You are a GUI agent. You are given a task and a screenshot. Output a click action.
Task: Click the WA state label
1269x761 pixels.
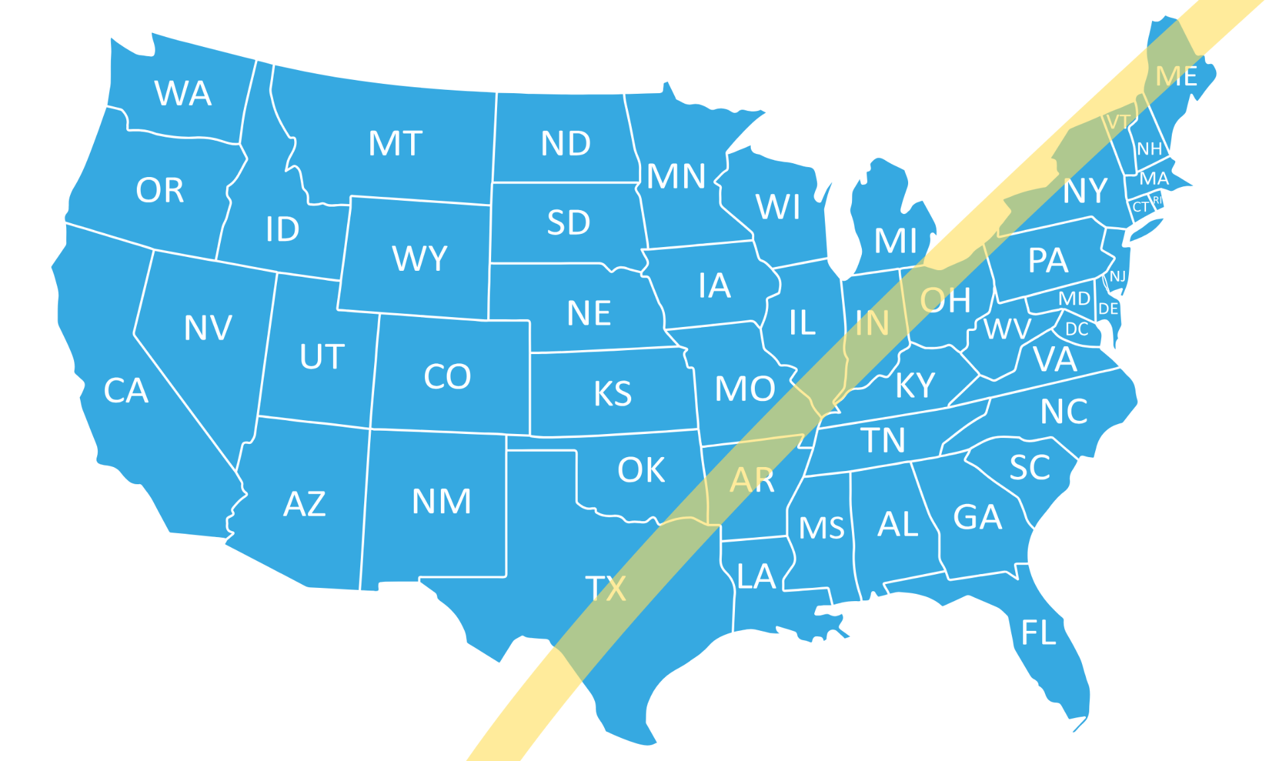(x=183, y=93)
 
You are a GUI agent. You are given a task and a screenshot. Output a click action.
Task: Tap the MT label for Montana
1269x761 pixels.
(x=395, y=143)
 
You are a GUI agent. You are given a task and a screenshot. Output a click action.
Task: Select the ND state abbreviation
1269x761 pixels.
(x=566, y=143)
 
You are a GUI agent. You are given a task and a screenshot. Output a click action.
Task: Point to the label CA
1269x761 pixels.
(x=126, y=390)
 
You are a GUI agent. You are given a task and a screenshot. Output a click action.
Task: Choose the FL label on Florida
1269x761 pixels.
(x=1039, y=633)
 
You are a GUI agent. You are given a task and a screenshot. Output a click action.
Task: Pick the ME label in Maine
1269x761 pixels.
(x=1176, y=77)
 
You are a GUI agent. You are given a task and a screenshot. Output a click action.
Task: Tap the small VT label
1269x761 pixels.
(x=1118, y=122)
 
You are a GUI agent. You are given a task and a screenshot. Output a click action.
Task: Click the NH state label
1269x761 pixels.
(x=1149, y=149)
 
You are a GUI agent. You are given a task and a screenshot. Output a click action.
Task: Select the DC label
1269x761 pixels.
(x=1077, y=329)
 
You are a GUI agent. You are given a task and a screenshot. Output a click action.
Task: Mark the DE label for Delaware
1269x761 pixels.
(x=1108, y=308)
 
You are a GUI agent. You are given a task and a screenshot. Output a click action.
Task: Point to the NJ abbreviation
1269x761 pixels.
(x=1118, y=276)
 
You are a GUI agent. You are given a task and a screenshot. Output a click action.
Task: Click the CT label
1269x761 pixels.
(x=1141, y=207)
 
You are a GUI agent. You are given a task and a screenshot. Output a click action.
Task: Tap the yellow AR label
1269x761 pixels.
(x=751, y=480)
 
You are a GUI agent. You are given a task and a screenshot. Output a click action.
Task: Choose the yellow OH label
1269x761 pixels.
(x=946, y=301)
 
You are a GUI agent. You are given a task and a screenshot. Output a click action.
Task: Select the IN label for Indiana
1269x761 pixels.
(x=872, y=324)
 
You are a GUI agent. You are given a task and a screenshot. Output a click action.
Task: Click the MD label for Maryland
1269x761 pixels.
(x=1074, y=299)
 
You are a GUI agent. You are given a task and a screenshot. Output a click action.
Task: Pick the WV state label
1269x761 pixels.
(x=1007, y=328)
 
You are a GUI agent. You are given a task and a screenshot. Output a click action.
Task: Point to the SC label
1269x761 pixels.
(x=1030, y=468)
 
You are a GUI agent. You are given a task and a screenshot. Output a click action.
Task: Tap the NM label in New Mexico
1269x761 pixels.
(x=442, y=501)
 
